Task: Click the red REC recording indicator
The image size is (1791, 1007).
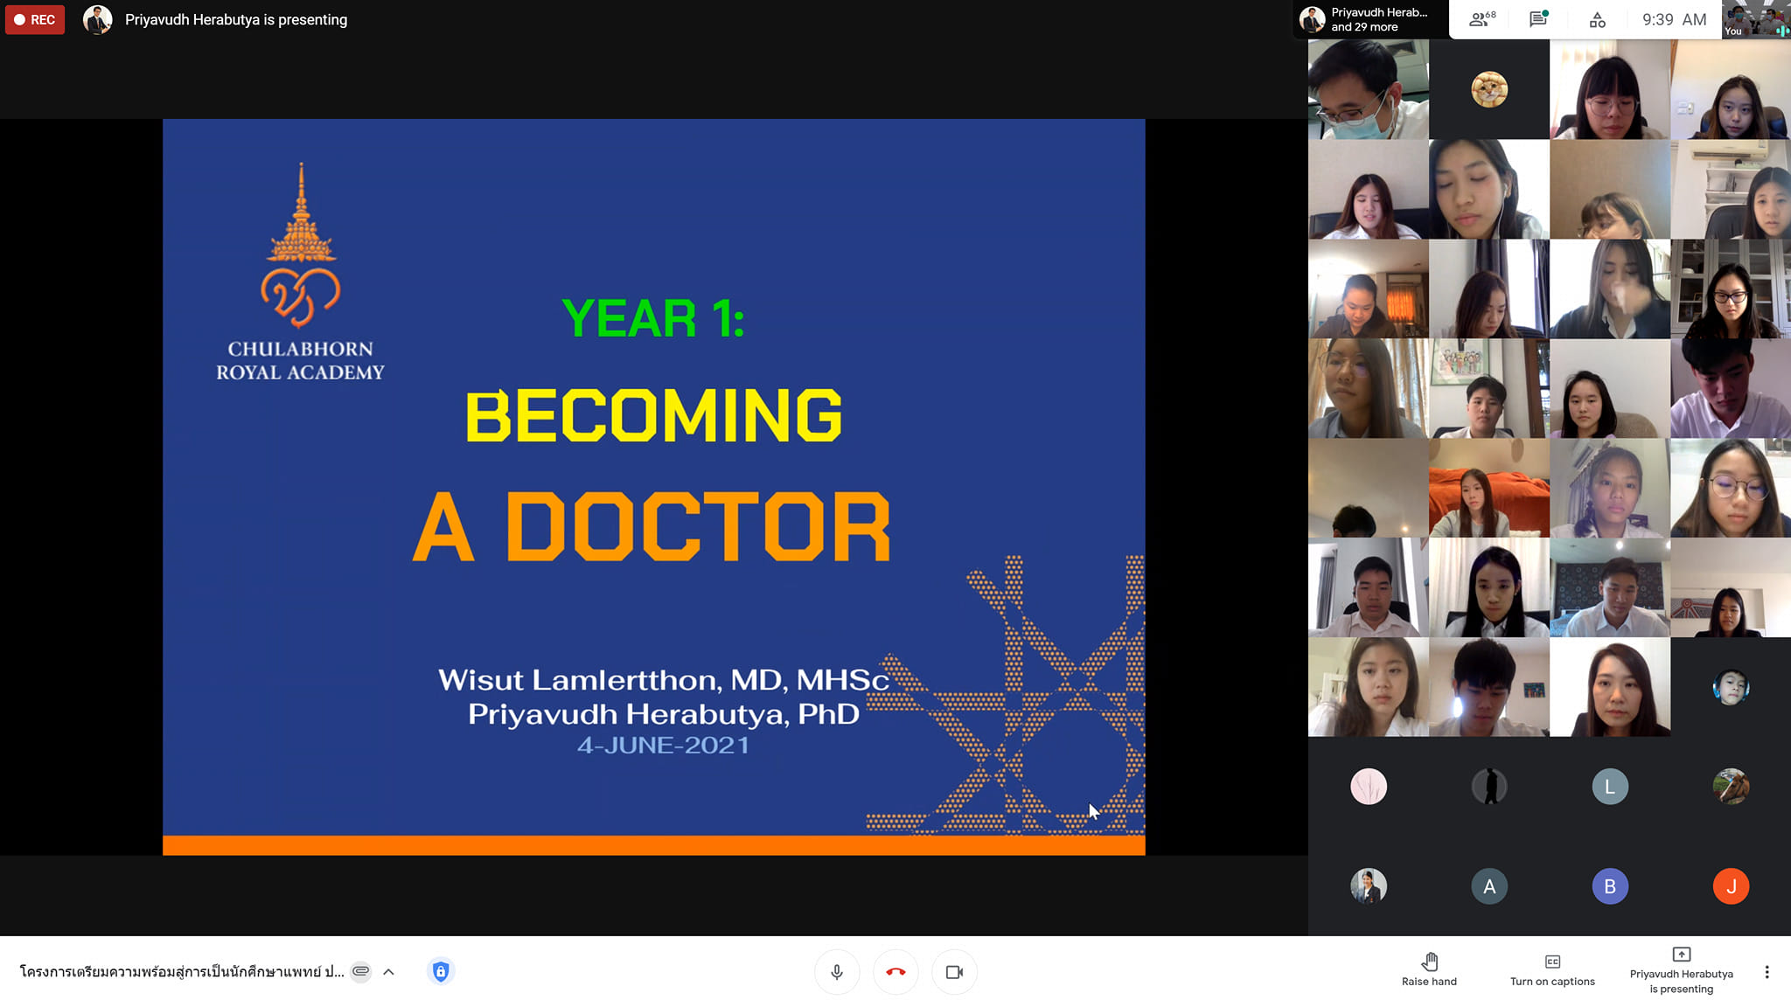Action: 35,19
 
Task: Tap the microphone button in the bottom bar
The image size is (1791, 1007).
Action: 837,972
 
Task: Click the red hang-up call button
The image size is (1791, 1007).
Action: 895,972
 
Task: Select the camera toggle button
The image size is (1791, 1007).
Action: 954,972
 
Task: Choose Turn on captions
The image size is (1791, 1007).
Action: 1552,970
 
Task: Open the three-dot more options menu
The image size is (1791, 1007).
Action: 1767,972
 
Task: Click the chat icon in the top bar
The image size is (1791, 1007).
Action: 1538,19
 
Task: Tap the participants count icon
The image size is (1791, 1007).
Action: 1481,19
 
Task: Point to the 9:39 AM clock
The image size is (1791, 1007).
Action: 1674,19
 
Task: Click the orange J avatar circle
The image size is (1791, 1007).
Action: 1731,886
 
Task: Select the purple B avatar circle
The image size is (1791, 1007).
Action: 1610,886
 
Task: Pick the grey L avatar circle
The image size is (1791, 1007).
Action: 1610,787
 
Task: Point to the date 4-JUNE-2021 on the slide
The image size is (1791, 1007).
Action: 663,745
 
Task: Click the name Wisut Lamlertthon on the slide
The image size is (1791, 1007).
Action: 579,679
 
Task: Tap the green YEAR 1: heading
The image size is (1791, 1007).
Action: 653,317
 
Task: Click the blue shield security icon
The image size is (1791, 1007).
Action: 441,971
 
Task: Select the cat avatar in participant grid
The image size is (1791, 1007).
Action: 1489,89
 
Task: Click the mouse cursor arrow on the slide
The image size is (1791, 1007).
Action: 1094,811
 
